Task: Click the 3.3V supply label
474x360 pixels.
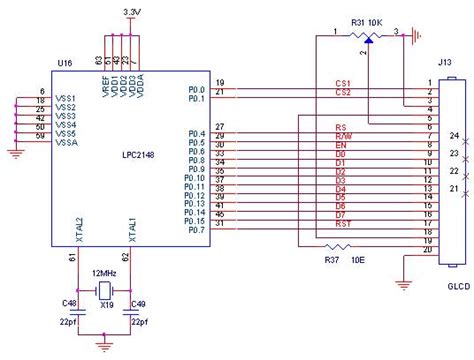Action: click(131, 11)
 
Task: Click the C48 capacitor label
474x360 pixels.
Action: click(69, 301)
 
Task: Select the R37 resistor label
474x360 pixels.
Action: click(333, 260)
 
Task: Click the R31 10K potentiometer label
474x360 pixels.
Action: click(367, 22)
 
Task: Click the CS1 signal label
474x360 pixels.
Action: click(343, 85)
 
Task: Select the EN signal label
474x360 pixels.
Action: click(339, 147)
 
